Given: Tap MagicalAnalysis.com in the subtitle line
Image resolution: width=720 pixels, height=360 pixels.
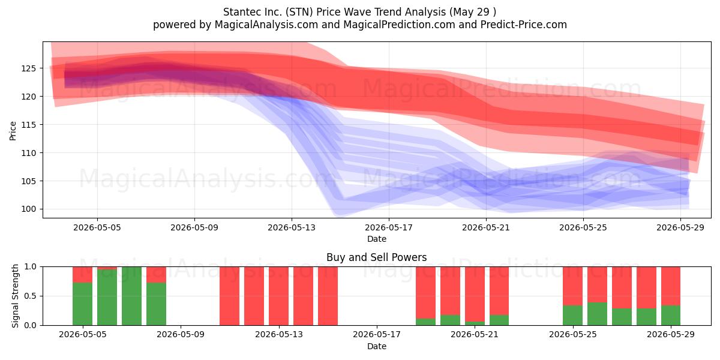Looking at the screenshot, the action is pyautogui.click(x=266, y=25).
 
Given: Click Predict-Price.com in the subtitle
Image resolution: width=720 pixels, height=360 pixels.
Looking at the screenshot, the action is pyautogui.click(x=524, y=25).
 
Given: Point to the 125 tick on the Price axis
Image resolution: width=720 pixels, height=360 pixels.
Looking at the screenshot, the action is pyautogui.click(x=29, y=68).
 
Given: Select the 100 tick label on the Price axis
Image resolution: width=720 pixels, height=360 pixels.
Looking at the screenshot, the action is pyautogui.click(x=29, y=209).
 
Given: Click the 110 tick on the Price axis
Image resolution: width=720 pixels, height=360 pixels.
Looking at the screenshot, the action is pyautogui.click(x=29, y=153).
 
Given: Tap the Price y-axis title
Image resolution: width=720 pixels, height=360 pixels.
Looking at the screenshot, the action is pyautogui.click(x=13, y=131).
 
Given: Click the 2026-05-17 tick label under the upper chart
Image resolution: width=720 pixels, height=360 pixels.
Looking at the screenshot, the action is pyautogui.click(x=389, y=227).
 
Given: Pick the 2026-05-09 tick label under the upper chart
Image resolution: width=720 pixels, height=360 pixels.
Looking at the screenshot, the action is pyautogui.click(x=194, y=227).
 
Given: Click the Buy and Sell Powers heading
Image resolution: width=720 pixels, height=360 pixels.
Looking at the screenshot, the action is pyautogui.click(x=377, y=257).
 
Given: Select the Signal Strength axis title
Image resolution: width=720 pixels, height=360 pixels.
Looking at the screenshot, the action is pyautogui.click(x=15, y=296).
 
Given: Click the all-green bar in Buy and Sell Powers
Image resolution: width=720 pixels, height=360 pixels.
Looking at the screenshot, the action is pyautogui.click(x=131, y=296).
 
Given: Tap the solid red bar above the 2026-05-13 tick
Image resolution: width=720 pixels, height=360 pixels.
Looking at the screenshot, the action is pyautogui.click(x=278, y=296).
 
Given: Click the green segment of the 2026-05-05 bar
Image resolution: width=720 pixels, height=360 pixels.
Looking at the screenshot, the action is pyautogui.click(x=83, y=304).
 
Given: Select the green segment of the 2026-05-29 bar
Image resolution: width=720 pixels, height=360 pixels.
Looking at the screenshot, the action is pyautogui.click(x=671, y=316).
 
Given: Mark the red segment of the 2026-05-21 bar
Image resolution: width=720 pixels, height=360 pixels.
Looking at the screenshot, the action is pyautogui.click(x=475, y=294).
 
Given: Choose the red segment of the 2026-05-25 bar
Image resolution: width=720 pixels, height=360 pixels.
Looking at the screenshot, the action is pyautogui.click(x=573, y=286).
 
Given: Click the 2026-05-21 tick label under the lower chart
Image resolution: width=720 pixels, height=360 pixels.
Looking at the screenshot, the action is pyautogui.click(x=475, y=335).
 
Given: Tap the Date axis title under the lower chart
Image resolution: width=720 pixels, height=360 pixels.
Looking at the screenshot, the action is pyautogui.click(x=377, y=347).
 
